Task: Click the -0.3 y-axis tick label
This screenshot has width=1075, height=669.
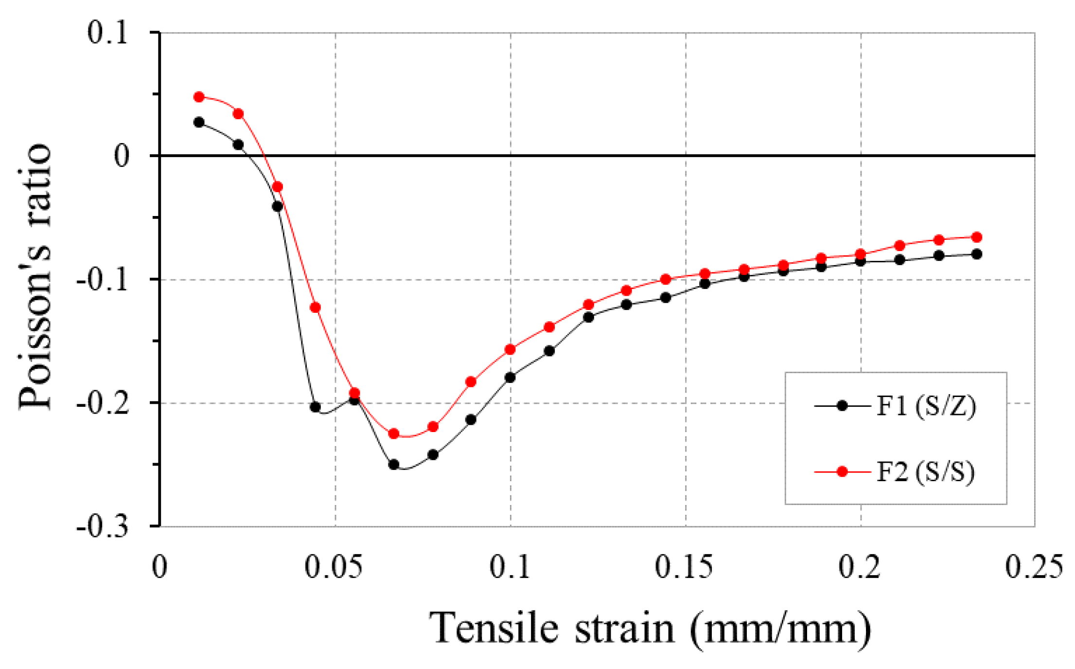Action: (103, 526)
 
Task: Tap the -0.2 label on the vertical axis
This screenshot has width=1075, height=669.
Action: (103, 403)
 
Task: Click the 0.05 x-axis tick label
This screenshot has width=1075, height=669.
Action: (334, 567)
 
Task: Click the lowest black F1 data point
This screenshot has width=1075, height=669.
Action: (394, 465)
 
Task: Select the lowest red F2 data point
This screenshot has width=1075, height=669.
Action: (394, 434)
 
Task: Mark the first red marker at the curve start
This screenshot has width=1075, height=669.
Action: (199, 97)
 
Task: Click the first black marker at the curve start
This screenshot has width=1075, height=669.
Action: (199, 122)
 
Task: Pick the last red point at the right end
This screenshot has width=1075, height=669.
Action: (977, 237)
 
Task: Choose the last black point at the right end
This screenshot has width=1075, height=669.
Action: (977, 254)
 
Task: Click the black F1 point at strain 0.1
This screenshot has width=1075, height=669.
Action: (510, 377)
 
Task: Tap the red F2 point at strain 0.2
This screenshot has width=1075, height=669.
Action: (861, 254)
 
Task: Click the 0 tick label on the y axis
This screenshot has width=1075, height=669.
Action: (122, 156)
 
